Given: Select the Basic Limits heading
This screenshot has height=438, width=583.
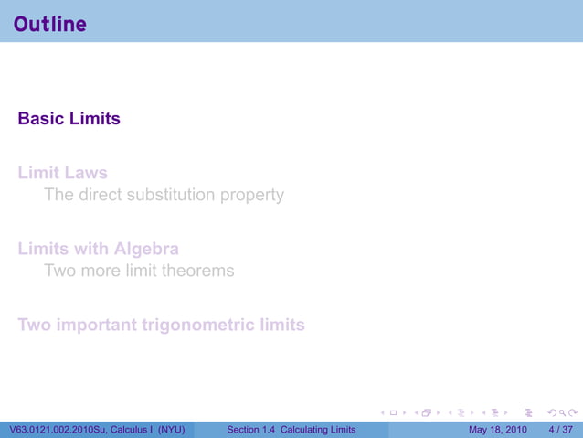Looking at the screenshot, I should (x=69, y=119).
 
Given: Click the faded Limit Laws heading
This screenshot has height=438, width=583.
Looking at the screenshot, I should (x=62, y=172).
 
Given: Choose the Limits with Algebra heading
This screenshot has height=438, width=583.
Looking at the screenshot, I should (x=98, y=249).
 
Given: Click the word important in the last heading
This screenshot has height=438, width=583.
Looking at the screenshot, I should (x=98, y=325).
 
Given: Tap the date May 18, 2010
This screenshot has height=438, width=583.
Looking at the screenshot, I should (x=497, y=430).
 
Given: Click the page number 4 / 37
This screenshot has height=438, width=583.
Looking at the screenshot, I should (x=561, y=430).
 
